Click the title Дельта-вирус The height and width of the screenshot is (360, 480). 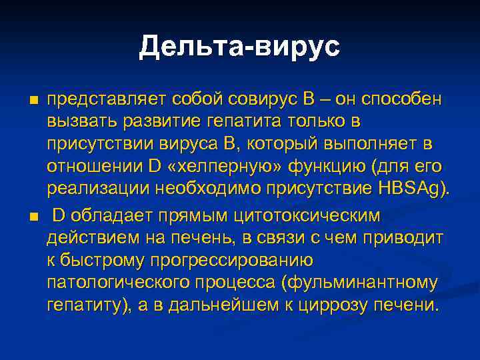coord(239,47)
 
